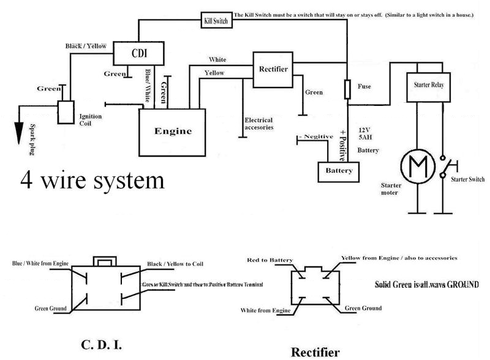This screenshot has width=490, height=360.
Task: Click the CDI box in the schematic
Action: (x=139, y=53)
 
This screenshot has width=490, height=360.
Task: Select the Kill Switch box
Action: (x=215, y=21)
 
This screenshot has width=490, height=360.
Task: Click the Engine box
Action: (x=172, y=131)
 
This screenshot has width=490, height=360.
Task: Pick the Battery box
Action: (x=338, y=171)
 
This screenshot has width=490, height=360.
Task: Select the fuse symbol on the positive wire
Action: (x=348, y=89)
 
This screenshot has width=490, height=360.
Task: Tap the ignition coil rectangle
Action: (x=66, y=113)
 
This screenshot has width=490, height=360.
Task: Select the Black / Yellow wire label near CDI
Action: (x=86, y=46)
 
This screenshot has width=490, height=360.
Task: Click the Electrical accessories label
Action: (x=258, y=124)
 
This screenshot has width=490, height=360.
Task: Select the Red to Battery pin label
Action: (x=269, y=260)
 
